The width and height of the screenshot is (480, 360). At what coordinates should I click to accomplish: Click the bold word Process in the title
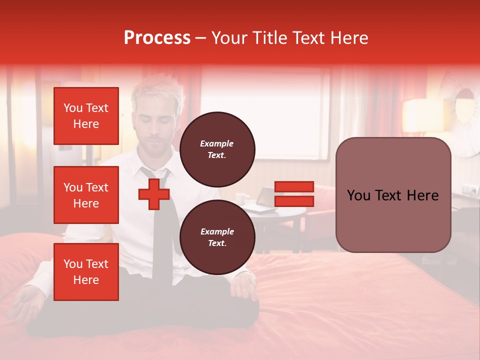(x=157, y=38)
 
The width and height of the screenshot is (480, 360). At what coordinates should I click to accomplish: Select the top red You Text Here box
(x=86, y=116)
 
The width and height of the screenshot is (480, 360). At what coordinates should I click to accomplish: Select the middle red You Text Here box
(x=86, y=195)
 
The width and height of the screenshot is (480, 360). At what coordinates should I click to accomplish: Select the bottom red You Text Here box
(x=86, y=272)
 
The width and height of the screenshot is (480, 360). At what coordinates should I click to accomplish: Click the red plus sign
(x=154, y=195)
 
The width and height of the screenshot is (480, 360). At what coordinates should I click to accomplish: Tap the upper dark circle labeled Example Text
(x=217, y=149)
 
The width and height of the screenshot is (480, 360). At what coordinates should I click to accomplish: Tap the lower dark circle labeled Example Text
(x=217, y=237)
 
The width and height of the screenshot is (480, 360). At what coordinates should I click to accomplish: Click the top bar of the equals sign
(x=294, y=186)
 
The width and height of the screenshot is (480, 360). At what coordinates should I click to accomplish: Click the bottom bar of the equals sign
(x=294, y=201)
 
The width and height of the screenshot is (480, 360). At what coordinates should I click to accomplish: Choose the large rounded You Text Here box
(x=393, y=195)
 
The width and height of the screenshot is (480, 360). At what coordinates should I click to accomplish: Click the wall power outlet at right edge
(x=469, y=190)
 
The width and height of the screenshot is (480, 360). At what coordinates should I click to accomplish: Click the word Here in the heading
(x=349, y=38)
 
